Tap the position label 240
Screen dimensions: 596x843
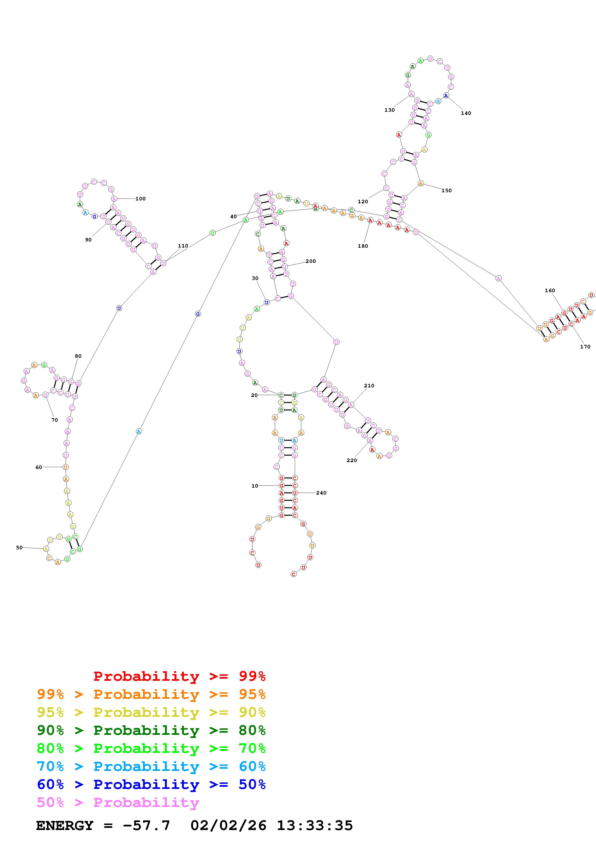[321, 493]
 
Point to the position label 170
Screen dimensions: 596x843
[585, 347]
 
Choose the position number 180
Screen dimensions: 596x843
[363, 246]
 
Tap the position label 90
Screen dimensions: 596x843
[88, 240]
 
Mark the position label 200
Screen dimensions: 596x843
[310, 261]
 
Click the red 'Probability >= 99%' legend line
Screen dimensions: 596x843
[179, 676]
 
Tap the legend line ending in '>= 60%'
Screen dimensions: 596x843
[151, 766]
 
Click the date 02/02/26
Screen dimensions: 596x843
[228, 825]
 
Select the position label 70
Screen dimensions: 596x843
[54, 420]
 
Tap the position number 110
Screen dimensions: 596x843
[183, 246]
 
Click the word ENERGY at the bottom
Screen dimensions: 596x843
[65, 825]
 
